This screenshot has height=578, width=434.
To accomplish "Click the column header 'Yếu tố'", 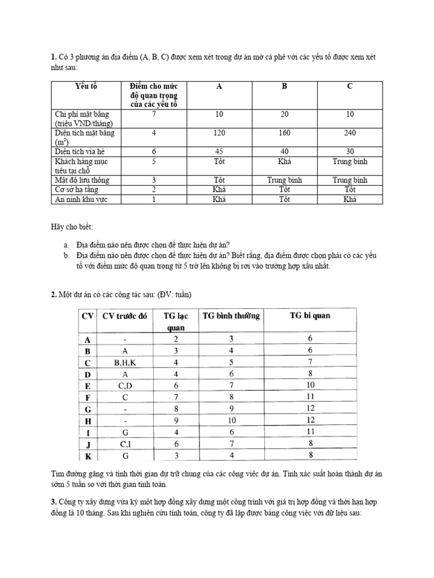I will coord(86,86).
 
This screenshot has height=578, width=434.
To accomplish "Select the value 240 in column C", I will coord(350,133).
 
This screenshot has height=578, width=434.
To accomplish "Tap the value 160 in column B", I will coord(285,133).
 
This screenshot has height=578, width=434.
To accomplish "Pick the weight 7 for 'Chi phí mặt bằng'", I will coord(154,114).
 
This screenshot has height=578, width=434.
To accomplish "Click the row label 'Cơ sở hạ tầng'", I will coord(78,190).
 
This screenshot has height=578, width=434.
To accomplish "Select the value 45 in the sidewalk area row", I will coord(219,151).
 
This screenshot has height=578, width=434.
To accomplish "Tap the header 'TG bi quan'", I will coord(310,316).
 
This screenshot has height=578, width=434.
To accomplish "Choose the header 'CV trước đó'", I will coord(124,316).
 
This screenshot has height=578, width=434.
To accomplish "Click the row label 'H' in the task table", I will coord(88,421).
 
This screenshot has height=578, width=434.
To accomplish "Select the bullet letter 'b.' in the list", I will coord(67,256).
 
